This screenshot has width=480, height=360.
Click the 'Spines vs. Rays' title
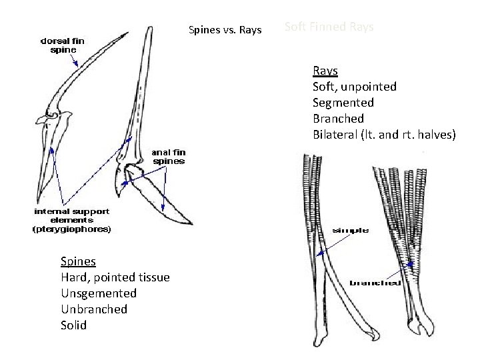225,29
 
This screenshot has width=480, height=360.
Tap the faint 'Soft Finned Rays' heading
329,27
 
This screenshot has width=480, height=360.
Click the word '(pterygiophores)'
73,229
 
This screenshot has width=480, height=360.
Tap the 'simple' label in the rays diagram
351,231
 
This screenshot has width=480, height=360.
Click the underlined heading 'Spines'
78,261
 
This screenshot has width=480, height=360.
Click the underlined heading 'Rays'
325,71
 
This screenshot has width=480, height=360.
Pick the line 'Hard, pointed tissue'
115,277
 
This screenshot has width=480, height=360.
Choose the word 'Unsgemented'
98,293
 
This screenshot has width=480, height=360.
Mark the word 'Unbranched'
93,309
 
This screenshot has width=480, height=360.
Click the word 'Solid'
73,325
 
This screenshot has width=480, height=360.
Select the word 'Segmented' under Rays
343,103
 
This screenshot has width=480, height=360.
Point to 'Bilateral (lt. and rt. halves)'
385,135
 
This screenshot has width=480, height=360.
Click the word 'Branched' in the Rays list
339,119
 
